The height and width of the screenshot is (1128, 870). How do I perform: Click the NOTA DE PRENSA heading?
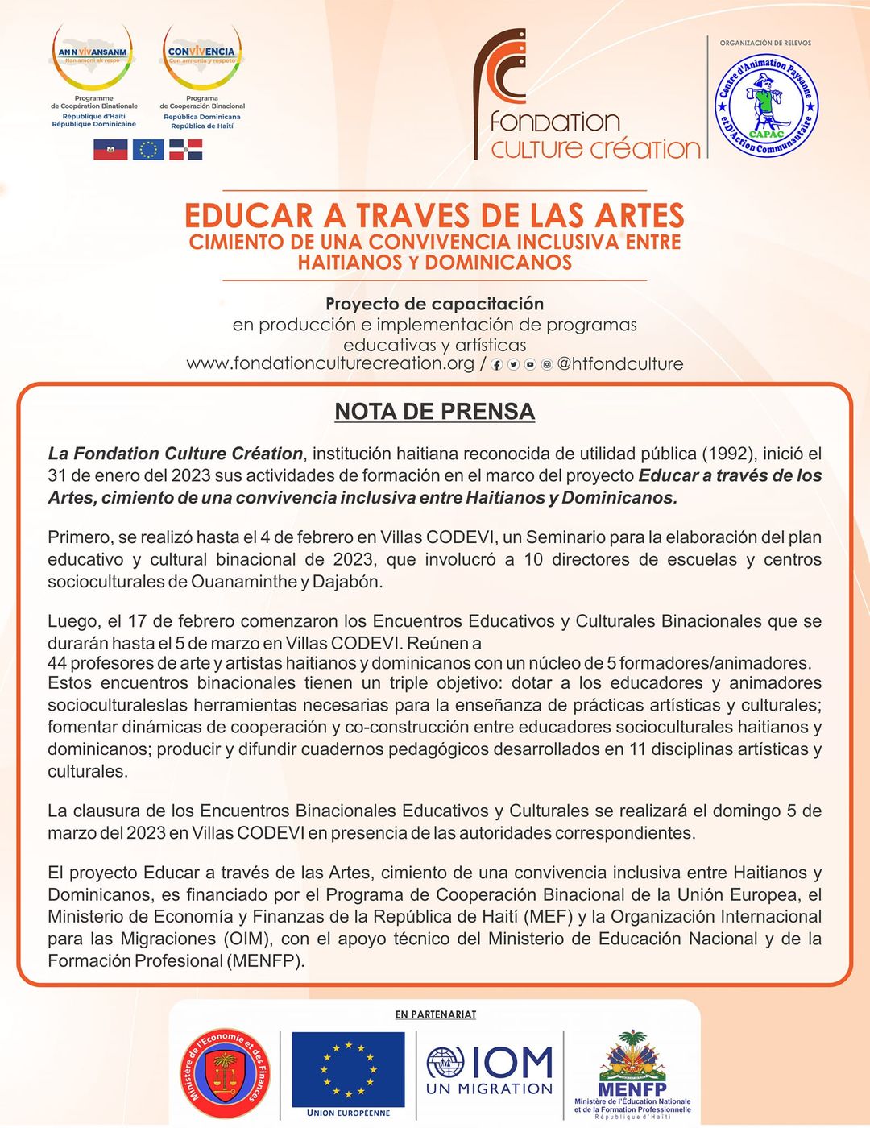[434, 412]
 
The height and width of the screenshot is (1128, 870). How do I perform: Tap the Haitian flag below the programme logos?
[110, 149]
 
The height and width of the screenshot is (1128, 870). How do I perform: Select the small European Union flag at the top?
[148, 149]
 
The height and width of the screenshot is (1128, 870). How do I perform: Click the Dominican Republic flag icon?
[185, 149]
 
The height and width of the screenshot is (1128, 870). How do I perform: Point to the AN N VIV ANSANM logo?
[93, 56]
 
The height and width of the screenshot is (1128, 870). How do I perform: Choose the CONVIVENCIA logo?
[202, 56]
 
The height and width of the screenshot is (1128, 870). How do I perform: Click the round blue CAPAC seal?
[766, 105]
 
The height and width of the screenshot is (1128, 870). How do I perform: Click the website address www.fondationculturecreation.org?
[330, 363]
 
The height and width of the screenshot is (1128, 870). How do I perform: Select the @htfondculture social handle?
[620, 364]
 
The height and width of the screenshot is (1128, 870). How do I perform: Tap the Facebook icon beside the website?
[497, 365]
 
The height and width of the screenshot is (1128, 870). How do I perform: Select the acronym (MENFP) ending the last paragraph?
[266, 961]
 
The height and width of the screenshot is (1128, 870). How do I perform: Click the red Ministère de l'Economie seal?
[225, 1074]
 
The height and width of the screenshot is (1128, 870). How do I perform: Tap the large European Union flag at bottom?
[348, 1069]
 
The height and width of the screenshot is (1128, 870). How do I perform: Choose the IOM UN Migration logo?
[490, 1070]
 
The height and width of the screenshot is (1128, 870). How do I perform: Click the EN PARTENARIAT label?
[436, 1014]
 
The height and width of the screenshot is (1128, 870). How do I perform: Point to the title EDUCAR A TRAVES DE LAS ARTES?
[434, 216]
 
